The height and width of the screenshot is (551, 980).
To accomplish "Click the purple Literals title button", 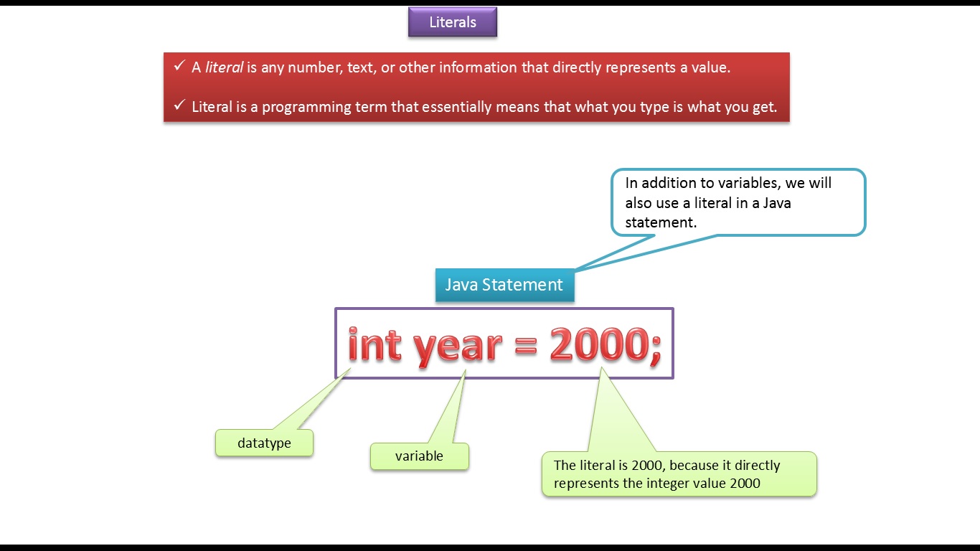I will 453,22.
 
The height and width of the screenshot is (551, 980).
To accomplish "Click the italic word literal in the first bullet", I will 224,68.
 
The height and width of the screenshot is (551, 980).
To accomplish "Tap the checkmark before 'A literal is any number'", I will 179,66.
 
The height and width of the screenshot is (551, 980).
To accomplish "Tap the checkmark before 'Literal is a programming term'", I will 179,105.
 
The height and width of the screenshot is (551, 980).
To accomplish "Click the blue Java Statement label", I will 504,285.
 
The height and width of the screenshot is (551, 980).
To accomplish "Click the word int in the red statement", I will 374,345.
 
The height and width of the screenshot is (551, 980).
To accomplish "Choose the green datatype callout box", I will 264,443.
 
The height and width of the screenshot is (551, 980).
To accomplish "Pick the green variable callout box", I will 419,456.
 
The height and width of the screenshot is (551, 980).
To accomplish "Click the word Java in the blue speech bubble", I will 776,203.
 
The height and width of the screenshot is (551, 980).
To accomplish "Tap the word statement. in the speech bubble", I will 661,222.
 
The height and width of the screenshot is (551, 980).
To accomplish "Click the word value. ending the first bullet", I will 711,68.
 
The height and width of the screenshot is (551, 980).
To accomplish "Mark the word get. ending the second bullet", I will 764,108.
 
